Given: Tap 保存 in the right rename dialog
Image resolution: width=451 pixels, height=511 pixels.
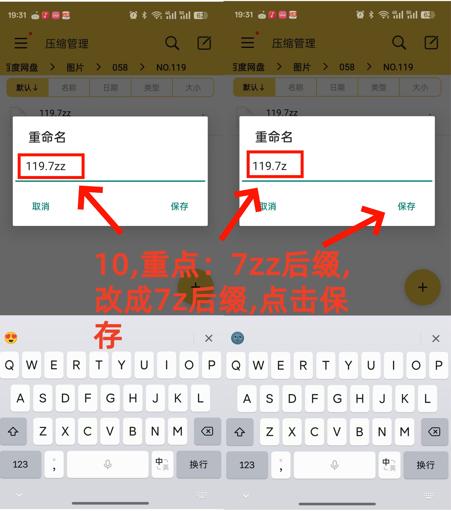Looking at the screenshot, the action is click(x=406, y=206).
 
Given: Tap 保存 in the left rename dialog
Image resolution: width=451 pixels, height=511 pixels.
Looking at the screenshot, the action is click(x=179, y=206).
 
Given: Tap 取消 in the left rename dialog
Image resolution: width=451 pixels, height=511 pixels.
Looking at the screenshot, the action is click(x=41, y=206).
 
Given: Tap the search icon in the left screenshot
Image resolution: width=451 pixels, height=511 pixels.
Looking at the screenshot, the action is click(x=172, y=43).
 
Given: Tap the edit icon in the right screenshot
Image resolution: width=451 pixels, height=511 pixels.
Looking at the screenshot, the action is click(x=431, y=43).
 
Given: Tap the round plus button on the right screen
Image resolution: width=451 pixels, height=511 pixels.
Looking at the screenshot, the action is click(x=422, y=287).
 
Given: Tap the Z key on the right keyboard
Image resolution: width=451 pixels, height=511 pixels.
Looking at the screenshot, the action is click(x=269, y=432).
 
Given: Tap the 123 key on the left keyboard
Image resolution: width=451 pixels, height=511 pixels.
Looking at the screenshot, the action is click(x=20, y=464).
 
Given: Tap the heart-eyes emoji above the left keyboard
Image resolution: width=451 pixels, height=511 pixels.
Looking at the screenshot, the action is click(x=11, y=338).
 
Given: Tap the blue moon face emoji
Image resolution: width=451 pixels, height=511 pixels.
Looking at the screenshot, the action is click(x=237, y=338).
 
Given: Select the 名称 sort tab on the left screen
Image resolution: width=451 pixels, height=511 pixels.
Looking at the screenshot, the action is click(x=69, y=88).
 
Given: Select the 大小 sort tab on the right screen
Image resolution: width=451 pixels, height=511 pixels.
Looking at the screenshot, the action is click(x=420, y=87).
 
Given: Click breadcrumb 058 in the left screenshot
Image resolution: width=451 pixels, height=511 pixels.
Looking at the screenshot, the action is click(x=120, y=67).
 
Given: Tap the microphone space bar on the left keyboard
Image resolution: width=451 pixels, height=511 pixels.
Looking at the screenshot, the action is click(x=108, y=464).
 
